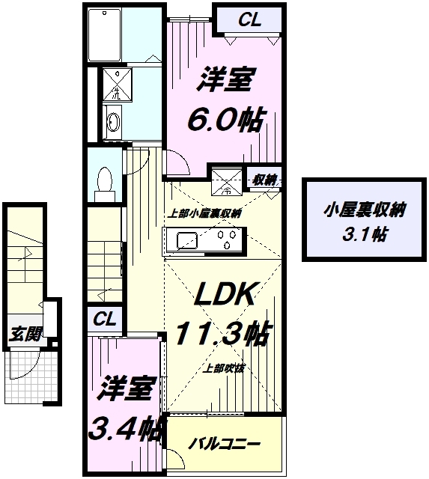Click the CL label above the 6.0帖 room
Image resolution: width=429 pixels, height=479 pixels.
point(249,20)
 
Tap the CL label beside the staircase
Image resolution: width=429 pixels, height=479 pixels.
point(104,319)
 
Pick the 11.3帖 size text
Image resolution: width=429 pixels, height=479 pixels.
point(222,332)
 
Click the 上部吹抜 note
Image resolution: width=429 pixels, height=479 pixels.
point(225,367)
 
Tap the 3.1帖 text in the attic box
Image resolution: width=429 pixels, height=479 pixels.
point(365,234)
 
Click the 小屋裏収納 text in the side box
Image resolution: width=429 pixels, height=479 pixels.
point(365,211)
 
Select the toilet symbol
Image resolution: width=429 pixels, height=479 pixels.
point(105,180)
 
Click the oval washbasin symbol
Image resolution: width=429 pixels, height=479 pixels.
point(115,123)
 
